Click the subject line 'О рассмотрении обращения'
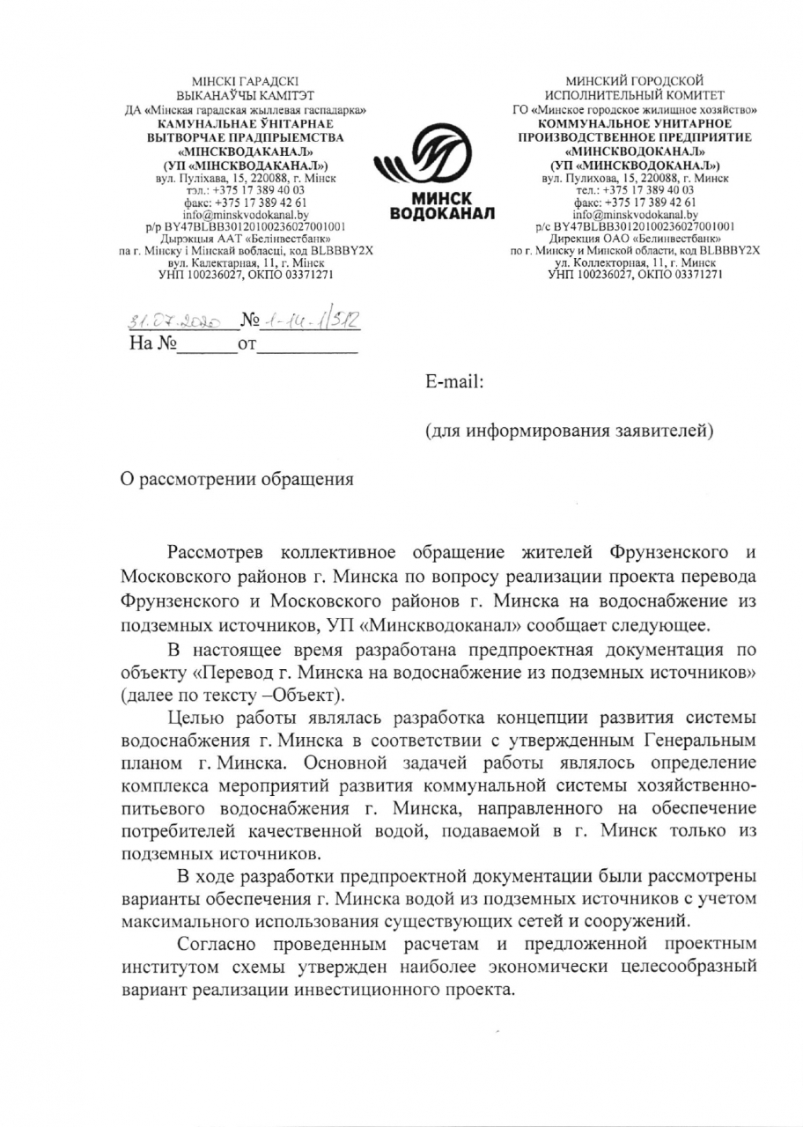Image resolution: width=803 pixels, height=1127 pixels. click(237, 480)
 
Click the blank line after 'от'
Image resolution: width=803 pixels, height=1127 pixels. click(308, 347)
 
